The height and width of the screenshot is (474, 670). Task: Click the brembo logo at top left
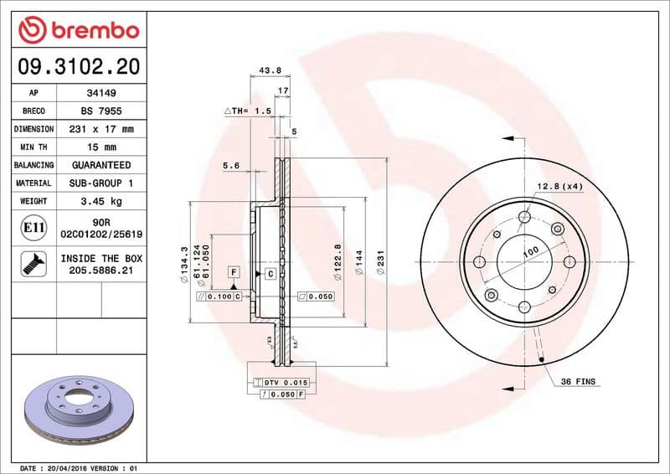pos(78,31)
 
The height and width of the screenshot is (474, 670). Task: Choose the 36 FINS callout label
pos(578,382)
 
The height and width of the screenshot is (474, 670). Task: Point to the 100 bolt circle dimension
pos(530,251)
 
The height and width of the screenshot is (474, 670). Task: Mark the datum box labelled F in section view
pos(234,272)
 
